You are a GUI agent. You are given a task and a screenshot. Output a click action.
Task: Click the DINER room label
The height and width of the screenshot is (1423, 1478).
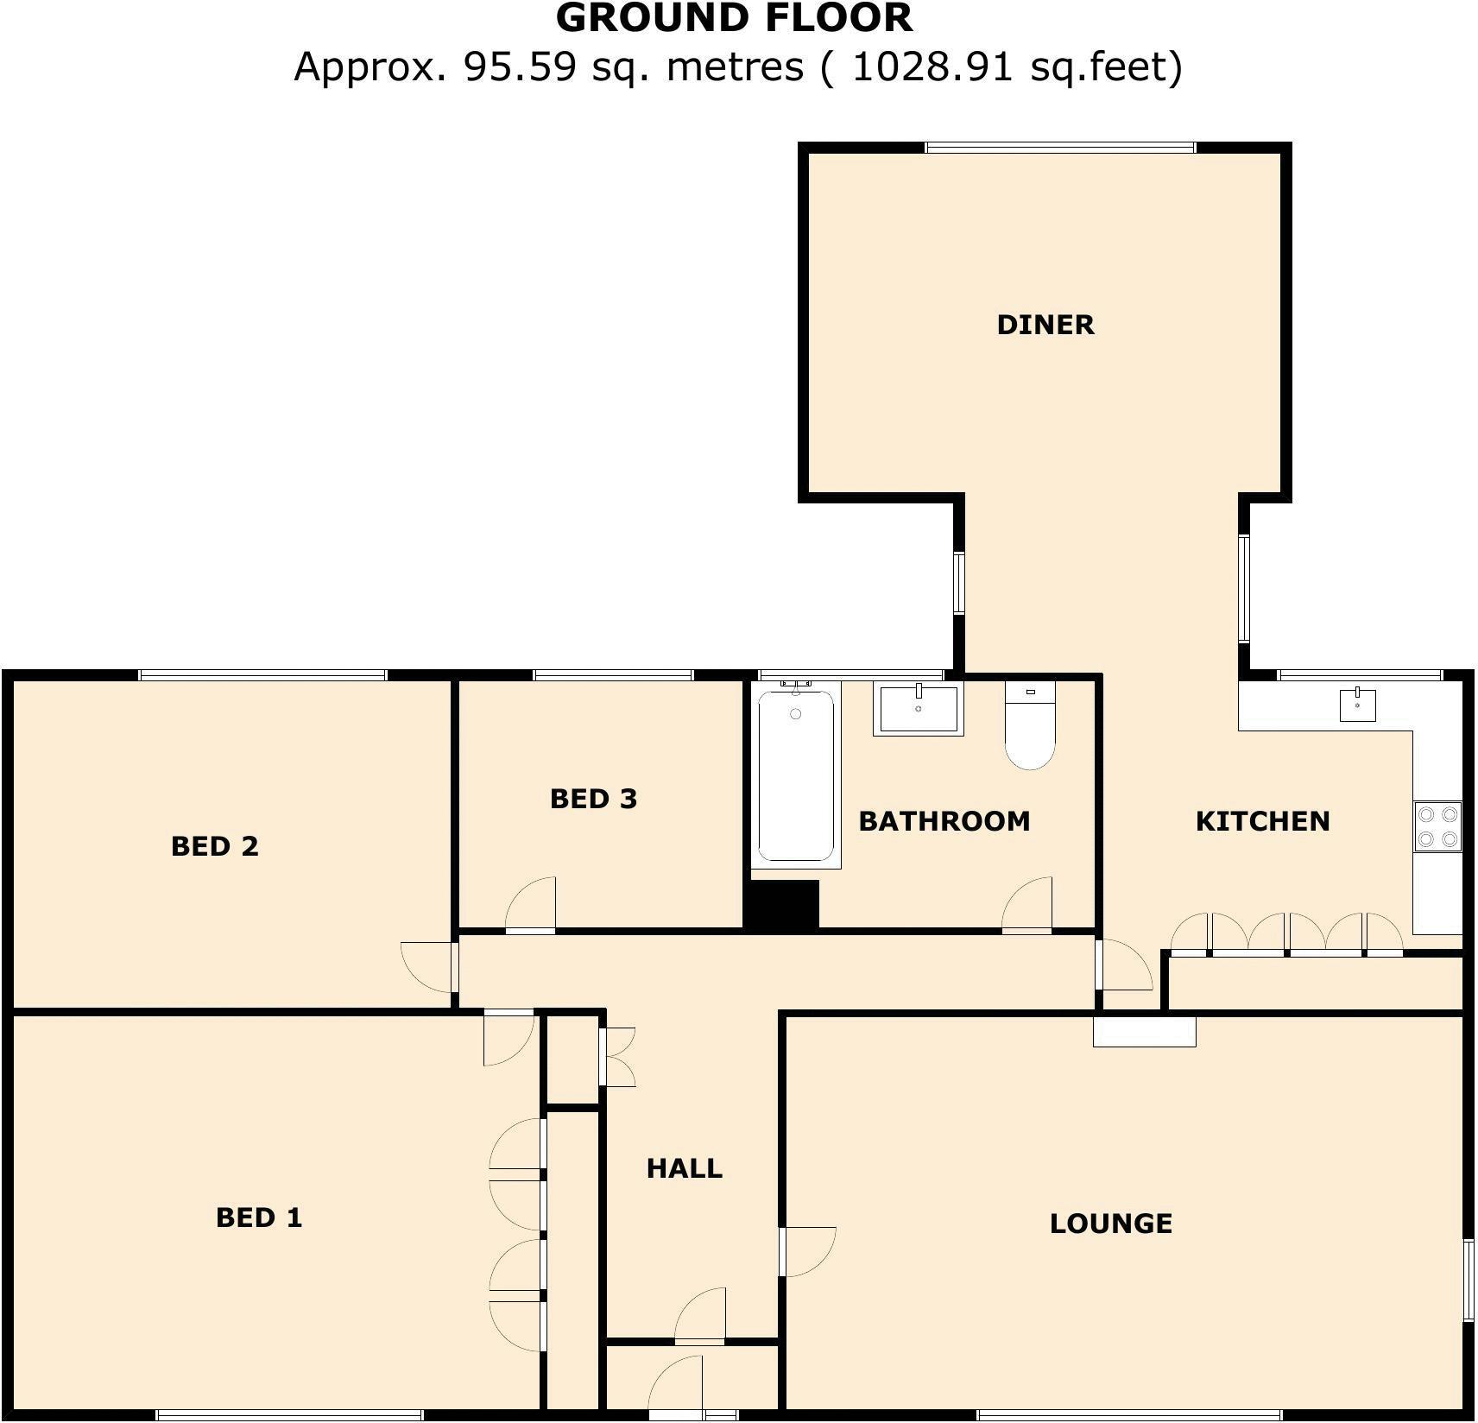tap(1045, 325)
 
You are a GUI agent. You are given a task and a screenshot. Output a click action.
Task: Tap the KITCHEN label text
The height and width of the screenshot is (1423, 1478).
tap(1261, 821)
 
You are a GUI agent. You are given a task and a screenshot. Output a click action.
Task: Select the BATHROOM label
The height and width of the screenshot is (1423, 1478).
tap(944, 821)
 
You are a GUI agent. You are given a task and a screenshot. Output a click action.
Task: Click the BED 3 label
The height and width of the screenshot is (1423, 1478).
tap(593, 799)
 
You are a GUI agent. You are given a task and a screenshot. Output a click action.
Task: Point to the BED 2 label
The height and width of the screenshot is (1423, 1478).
tap(215, 846)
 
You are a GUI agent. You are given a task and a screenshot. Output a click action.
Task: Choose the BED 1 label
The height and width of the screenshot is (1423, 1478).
tap(259, 1217)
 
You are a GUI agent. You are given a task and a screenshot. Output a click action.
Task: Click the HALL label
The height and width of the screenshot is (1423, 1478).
tap(684, 1168)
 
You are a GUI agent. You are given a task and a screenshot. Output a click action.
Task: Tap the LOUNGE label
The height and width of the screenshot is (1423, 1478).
tap(1110, 1224)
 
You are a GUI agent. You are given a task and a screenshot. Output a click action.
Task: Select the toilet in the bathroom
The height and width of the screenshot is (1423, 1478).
tap(1030, 725)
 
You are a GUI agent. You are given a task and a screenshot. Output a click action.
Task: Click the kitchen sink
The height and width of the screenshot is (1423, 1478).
tap(1358, 705)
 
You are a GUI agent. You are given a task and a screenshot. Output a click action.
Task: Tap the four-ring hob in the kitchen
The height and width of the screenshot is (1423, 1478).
tap(1437, 826)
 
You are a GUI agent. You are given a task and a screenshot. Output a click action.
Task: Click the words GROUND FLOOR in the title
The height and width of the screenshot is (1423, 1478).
tap(734, 19)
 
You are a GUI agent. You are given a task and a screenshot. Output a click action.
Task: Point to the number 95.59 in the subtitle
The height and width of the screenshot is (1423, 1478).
tap(519, 66)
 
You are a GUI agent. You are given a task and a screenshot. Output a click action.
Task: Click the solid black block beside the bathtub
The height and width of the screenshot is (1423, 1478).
tap(782, 905)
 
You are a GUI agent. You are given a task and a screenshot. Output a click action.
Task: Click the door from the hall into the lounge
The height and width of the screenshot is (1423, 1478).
tap(806, 1250)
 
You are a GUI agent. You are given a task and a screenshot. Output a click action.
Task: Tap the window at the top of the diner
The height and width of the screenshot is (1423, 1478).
tap(1060, 148)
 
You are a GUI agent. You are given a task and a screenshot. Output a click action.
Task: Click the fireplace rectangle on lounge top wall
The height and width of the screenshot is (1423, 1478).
tap(1144, 1031)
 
